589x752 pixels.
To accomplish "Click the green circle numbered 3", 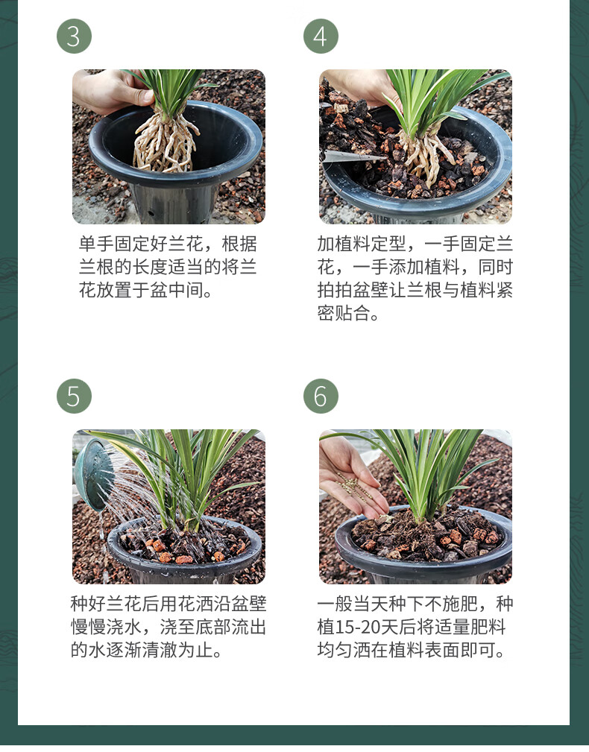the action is (74, 36).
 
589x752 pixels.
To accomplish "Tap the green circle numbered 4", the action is (321, 36).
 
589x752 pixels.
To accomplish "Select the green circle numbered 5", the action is (74, 396).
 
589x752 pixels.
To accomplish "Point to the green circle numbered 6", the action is (321, 396).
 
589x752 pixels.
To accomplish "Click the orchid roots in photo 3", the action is (166, 143).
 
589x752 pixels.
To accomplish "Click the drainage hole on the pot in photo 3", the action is (151, 212).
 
